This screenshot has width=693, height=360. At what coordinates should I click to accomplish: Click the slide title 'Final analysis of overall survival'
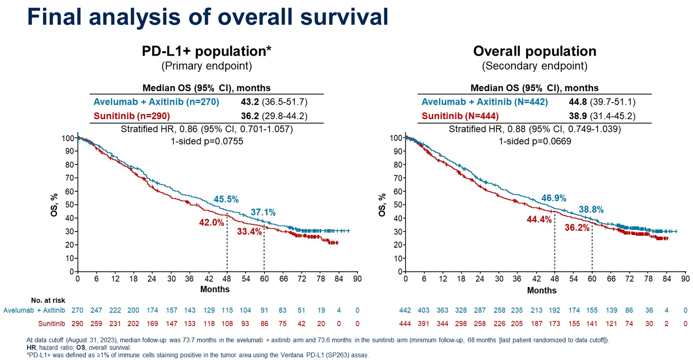pos(208,17)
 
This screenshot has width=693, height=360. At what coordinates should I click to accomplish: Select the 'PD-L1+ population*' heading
pos(206,51)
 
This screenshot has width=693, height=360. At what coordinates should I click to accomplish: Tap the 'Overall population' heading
pos(534,51)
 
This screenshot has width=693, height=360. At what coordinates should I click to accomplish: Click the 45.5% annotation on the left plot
pos(226,199)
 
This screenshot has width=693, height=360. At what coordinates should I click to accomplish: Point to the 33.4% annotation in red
pos(249,232)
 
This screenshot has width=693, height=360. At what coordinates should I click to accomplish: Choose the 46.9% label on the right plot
pos(554,198)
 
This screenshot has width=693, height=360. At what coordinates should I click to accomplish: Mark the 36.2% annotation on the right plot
pos(577,228)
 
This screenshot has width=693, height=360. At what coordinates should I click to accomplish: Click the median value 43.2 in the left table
pos(249,102)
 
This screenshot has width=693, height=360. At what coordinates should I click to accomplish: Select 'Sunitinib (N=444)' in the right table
pos(460,116)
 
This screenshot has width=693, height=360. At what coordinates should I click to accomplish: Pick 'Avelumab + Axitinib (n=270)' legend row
pos(156,102)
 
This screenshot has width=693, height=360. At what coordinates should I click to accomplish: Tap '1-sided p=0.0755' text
pos(207,141)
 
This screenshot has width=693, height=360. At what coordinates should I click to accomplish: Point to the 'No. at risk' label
pos(48,301)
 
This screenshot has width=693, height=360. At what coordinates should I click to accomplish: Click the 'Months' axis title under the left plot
pos(215,289)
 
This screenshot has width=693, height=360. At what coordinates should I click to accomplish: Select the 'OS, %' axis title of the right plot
pos(382,205)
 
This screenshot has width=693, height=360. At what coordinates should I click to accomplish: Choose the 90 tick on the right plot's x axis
pos(685,279)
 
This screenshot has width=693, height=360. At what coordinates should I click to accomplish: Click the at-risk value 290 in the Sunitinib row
pos(77,324)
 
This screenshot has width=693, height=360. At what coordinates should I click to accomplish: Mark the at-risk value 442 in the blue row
pos(405,310)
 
